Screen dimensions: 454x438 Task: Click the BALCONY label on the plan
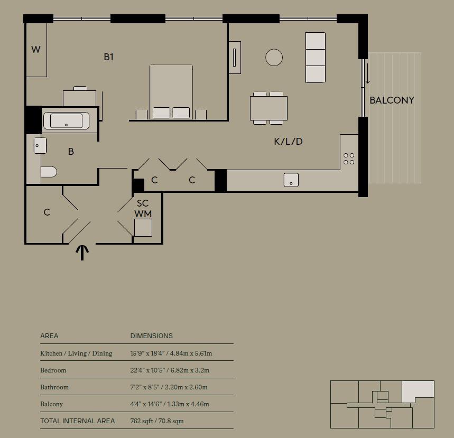click(392, 100)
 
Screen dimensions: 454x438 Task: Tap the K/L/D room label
click(288, 141)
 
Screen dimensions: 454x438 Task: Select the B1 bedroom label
click(108, 57)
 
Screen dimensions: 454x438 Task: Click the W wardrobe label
click(36, 49)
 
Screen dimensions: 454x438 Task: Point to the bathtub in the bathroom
click(66, 120)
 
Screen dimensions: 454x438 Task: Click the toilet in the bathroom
click(49, 172)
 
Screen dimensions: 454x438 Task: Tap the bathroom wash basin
click(40, 145)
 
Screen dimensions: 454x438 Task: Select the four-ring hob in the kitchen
click(349, 159)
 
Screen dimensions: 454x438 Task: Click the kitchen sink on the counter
click(291, 180)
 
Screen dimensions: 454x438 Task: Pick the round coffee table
click(274, 57)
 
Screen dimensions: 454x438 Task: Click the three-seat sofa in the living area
click(316, 58)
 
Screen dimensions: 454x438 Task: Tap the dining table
click(268, 108)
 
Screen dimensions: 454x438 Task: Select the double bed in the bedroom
click(171, 92)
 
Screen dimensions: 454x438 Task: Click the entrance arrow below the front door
click(82, 253)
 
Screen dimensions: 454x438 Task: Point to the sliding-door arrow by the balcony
click(367, 73)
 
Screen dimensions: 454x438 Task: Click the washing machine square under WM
click(143, 228)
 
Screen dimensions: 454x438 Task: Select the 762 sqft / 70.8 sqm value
click(157, 421)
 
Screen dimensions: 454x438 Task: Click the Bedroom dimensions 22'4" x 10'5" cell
click(170, 370)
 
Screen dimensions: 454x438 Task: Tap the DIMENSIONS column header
click(152, 336)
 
